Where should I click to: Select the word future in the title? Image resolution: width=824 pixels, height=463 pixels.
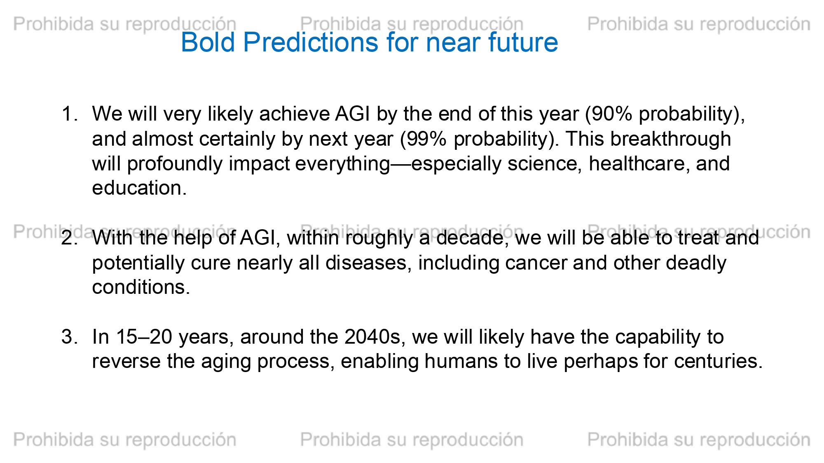click(523, 42)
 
